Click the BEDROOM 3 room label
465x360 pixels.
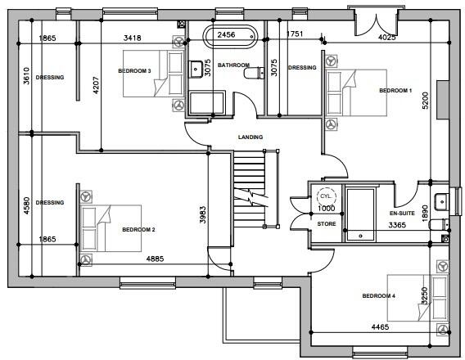click(134, 71)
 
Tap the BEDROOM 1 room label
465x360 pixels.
click(395, 91)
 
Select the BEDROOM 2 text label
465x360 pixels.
click(138, 230)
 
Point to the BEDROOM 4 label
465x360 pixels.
click(378, 295)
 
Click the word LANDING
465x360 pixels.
click(250, 137)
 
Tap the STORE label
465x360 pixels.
click(327, 223)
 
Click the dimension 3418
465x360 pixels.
click(133, 38)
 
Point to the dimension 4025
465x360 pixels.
click(387, 38)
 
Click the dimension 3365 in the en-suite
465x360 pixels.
click(397, 225)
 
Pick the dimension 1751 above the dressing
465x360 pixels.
click(296, 34)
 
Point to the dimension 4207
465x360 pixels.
click(97, 88)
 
